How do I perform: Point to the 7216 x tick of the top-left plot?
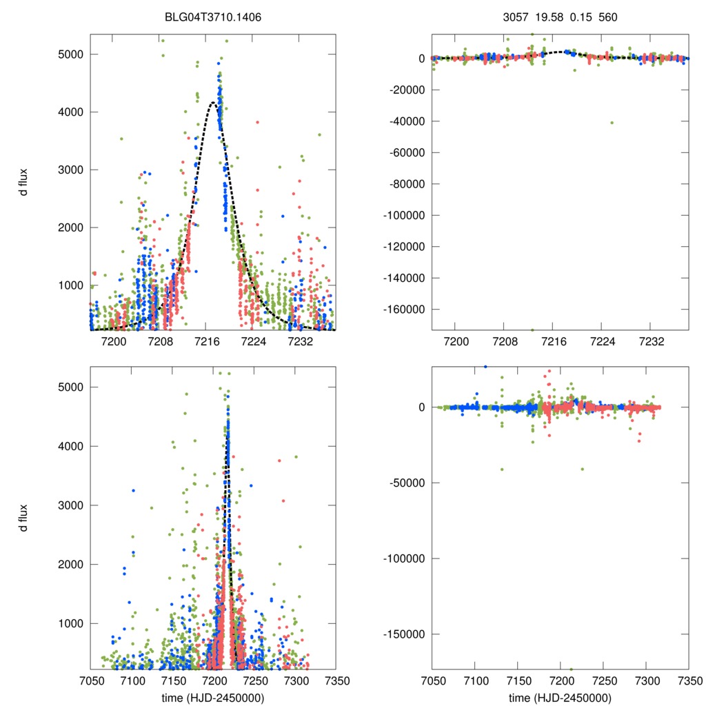click(x=207, y=341)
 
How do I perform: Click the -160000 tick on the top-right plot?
click(x=403, y=310)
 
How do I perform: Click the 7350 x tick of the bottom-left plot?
click(x=336, y=680)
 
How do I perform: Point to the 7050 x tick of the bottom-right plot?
click(x=432, y=680)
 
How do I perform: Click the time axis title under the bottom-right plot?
click(x=560, y=697)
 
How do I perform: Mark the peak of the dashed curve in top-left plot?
click(x=212, y=103)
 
